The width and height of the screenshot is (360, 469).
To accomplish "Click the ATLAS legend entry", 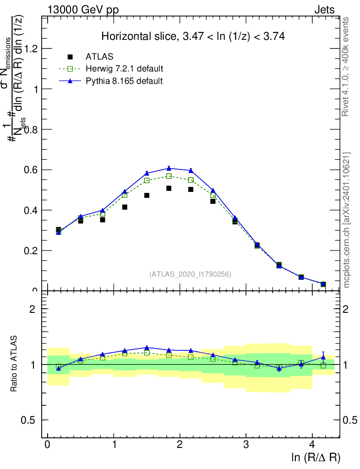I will click(99, 57).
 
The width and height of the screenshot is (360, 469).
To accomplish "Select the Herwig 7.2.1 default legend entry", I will click(124, 69).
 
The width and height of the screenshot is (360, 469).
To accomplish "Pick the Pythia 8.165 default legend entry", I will click(124, 81).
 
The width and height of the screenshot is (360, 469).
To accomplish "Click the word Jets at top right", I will click(324, 10).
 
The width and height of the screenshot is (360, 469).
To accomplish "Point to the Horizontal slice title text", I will click(193, 37).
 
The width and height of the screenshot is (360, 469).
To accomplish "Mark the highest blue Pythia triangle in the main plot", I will click(169, 168).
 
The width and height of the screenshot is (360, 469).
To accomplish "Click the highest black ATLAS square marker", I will click(169, 188).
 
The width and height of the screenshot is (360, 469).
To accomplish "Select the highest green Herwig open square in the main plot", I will click(169, 176).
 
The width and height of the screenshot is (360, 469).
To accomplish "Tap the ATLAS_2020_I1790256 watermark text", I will click(190, 274).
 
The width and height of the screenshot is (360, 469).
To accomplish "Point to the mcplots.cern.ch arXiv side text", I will click(347, 220).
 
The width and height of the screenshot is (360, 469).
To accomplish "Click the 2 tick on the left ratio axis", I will click(33, 309).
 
